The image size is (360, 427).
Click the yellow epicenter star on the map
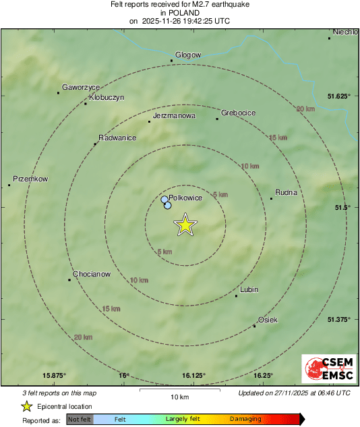coord(185,225)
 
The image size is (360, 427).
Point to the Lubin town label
coord(249,289)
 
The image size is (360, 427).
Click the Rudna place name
coord(287,192)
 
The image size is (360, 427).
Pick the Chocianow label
coord(92,274)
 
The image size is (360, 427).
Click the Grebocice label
coord(239,113)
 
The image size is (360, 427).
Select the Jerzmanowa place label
coord(174,115)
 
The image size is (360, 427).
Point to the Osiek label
coord(268,320)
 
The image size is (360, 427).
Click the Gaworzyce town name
coord(81,87)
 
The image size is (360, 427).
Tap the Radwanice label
coord(119,138)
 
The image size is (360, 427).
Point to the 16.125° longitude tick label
coord(193,376)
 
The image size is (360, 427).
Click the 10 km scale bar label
coord(179,397)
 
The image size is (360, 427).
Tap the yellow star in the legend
coord(26,406)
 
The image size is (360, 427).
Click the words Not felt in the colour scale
coord(80,420)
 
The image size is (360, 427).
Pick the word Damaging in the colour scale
coord(245,420)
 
